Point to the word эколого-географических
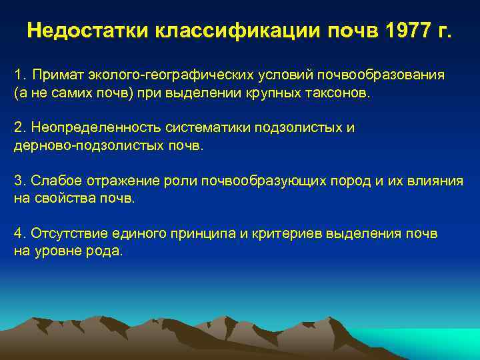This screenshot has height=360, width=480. click(156, 74)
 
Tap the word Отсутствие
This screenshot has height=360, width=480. click(62, 233)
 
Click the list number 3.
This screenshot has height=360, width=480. click(19, 180)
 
